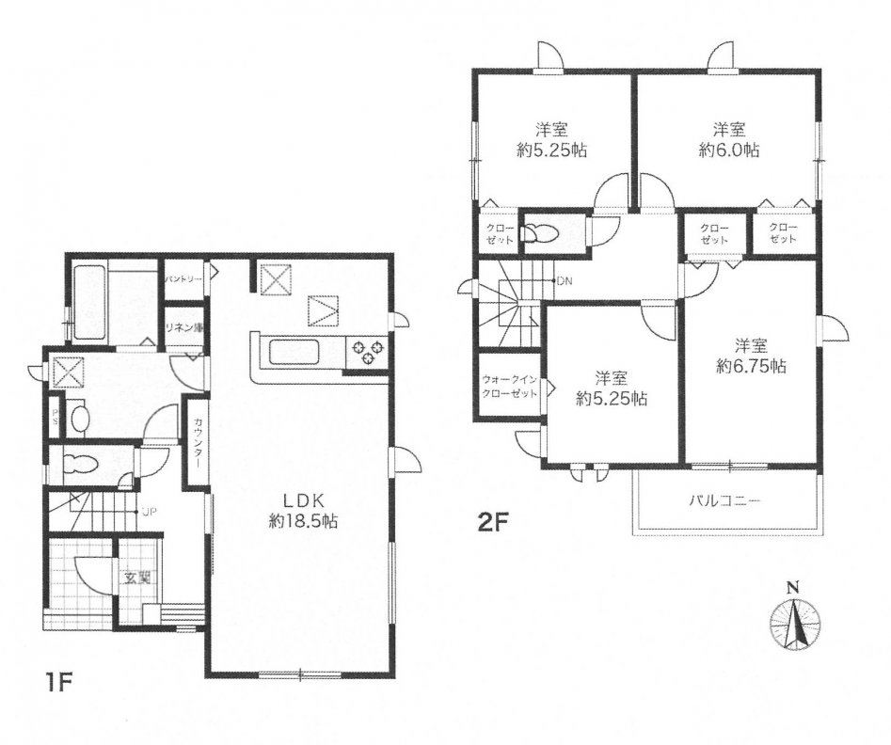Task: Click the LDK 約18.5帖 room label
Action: tap(304, 511)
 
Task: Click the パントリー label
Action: tap(184, 280)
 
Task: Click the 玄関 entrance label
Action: tap(137, 579)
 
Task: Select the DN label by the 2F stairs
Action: tap(565, 280)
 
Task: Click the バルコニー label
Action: tap(725, 501)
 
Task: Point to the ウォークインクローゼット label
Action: tap(509, 386)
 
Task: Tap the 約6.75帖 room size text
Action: tap(751, 367)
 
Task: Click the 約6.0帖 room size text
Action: tap(729, 150)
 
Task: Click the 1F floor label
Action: tap(57, 681)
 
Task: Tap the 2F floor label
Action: tap(491, 521)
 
